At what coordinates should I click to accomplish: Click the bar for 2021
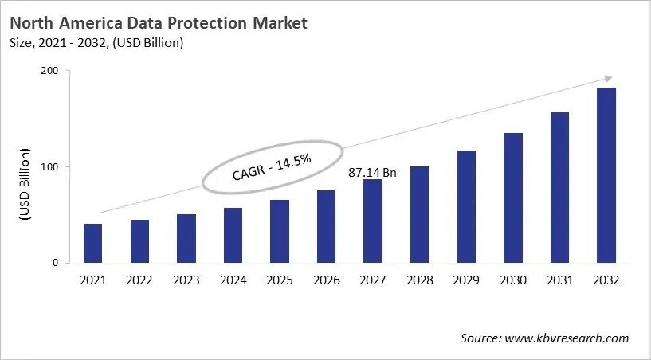tap(93, 243)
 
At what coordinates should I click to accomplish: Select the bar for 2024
tap(233, 235)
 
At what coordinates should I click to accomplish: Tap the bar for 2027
tap(373, 221)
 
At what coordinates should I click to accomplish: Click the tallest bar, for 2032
tap(606, 175)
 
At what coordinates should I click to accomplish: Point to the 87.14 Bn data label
tap(373, 171)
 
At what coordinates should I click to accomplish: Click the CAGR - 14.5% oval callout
tap(273, 168)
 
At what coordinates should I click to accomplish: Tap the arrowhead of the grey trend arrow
tap(607, 78)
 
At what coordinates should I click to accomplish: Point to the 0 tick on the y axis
tap(55, 263)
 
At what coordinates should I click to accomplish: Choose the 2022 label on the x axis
tap(139, 280)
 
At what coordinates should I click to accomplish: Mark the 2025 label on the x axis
tap(280, 280)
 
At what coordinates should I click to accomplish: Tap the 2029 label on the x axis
tap(466, 280)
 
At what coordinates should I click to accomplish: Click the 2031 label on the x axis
tap(559, 280)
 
